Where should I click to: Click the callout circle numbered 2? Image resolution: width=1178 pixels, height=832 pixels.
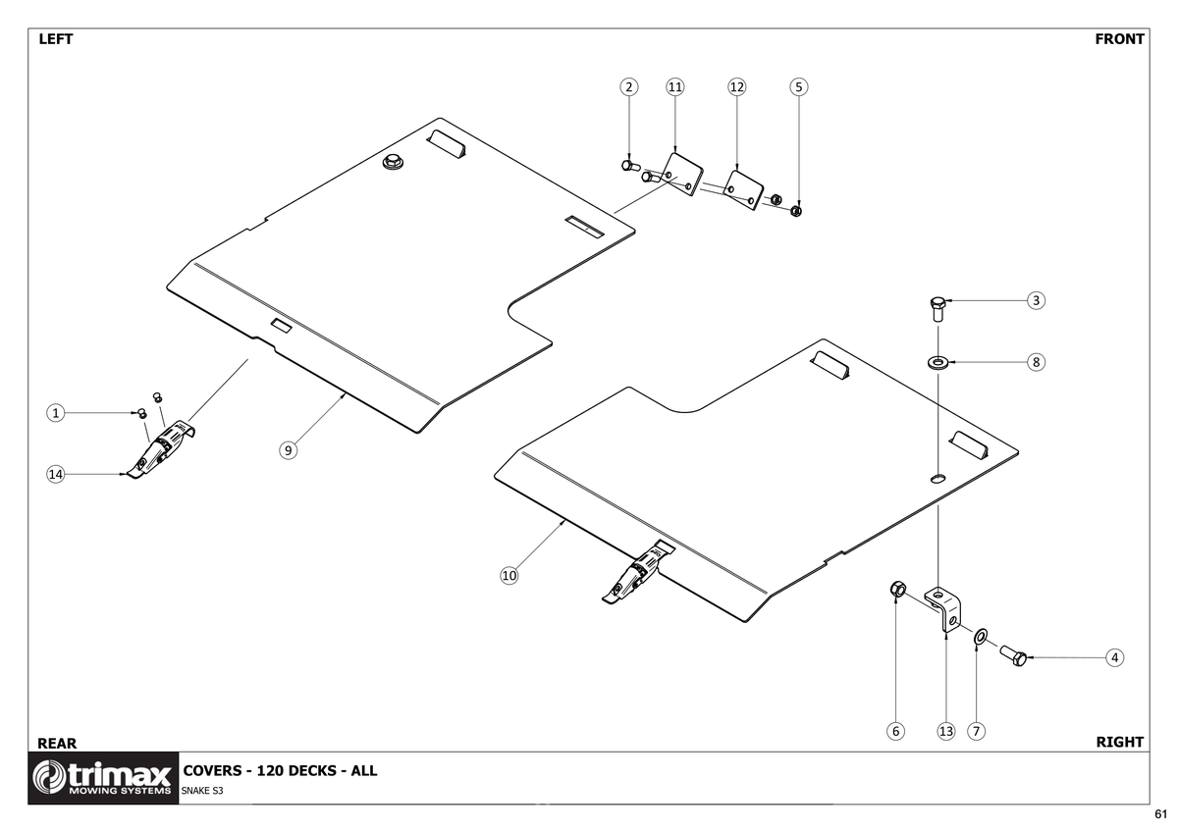click(629, 86)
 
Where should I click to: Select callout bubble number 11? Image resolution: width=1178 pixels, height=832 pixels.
click(674, 86)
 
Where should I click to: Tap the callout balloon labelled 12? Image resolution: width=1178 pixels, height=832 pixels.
click(737, 86)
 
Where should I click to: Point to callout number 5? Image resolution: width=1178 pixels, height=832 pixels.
click(799, 86)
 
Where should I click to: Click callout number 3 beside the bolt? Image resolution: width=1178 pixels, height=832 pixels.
click(1036, 300)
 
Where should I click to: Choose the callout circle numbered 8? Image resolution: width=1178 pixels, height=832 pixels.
click(1036, 362)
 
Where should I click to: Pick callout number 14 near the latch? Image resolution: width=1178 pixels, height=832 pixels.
click(56, 475)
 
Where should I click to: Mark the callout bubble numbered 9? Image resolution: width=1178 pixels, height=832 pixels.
click(288, 450)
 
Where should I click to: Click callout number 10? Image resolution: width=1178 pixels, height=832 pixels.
click(509, 576)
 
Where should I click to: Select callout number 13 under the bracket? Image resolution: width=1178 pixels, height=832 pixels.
click(946, 731)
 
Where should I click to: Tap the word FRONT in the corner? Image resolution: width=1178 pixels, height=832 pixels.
click(1119, 39)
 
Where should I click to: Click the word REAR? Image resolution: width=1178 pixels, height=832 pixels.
click(56, 743)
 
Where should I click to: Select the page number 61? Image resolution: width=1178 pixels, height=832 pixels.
click(1161, 814)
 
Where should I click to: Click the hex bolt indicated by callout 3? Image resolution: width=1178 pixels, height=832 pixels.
click(937, 311)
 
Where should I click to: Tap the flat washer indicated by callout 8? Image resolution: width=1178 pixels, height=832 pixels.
click(937, 363)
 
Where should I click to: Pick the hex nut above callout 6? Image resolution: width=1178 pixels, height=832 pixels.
click(896, 590)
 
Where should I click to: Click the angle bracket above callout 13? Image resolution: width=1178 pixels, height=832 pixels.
click(943, 605)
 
